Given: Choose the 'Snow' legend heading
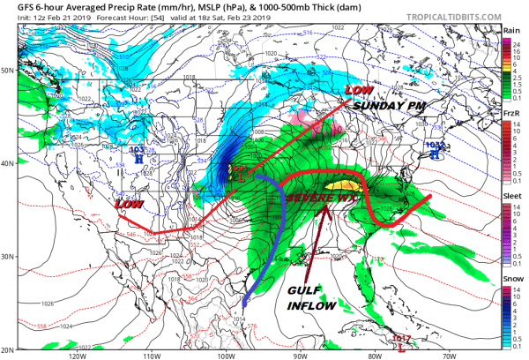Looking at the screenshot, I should tap(510, 278).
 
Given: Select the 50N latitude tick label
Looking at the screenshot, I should tap(11, 70).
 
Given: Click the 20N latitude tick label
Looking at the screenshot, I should tap(11, 349).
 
